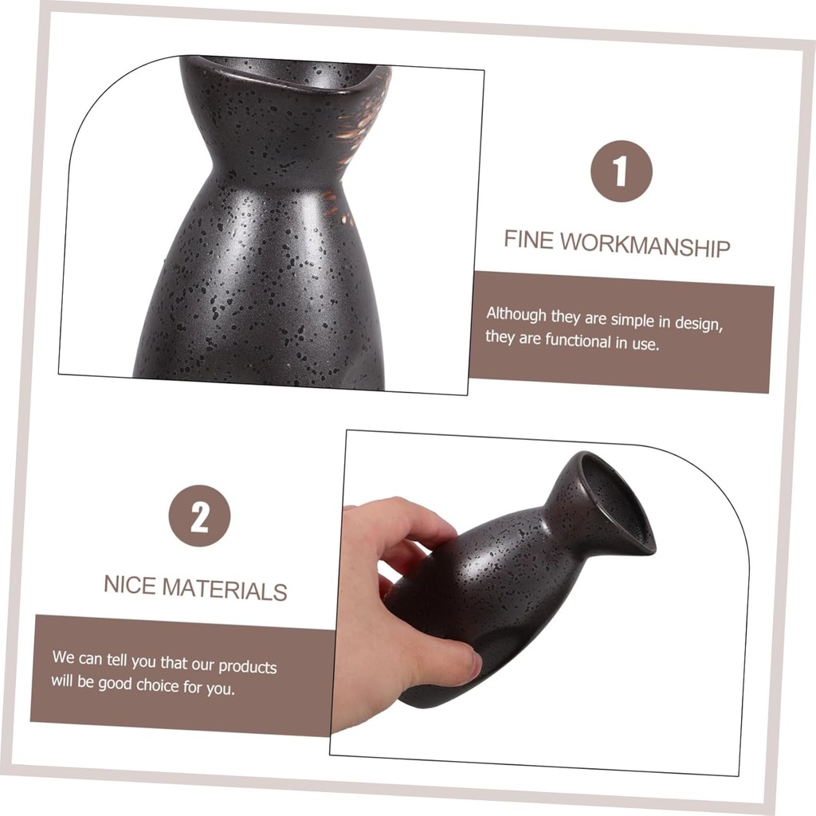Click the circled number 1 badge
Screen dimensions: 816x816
(x=621, y=171)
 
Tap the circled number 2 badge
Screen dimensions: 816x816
(x=199, y=516)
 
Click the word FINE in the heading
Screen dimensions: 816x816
(x=528, y=239)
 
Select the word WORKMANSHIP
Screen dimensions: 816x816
(x=645, y=245)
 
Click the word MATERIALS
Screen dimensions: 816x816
(x=225, y=590)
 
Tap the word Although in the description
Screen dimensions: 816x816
(x=516, y=314)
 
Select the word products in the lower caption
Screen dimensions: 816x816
(x=247, y=667)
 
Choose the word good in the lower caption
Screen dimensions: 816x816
(x=113, y=682)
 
